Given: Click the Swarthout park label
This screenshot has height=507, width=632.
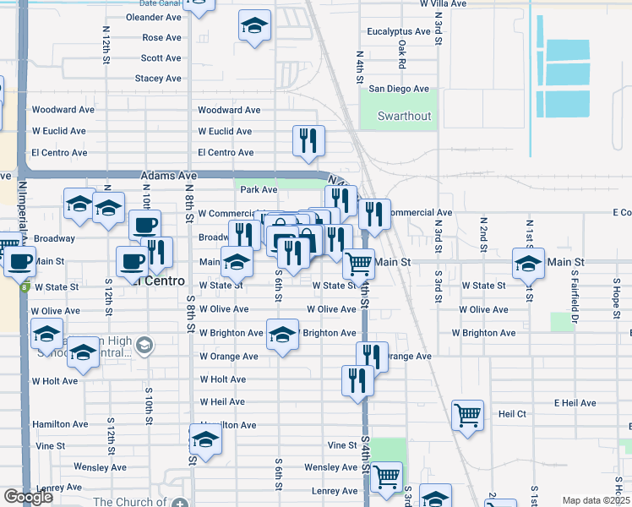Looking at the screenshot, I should pyautogui.click(x=404, y=116).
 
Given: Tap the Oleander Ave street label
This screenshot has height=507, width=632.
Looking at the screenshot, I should pyautogui.click(x=154, y=17).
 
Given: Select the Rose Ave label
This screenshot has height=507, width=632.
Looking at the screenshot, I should pyautogui.click(x=161, y=38).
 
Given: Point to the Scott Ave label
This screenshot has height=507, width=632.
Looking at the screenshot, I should pyautogui.click(x=161, y=58).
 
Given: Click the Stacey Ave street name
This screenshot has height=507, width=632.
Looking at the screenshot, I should pyautogui.click(x=158, y=79).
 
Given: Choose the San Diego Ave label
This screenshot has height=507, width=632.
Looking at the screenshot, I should pyautogui.click(x=399, y=89).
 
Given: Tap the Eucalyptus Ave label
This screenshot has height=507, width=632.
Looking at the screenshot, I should pyautogui.click(x=399, y=32).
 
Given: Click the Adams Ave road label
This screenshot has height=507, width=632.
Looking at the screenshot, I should pyautogui.click(x=168, y=175).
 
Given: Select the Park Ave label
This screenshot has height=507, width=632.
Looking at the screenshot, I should pyautogui.click(x=259, y=190).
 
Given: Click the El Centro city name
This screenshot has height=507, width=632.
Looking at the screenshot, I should pyautogui.click(x=157, y=281).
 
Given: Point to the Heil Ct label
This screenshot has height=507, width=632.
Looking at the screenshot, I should pyautogui.click(x=512, y=414).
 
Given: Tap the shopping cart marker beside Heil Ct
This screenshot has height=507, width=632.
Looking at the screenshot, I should pyautogui.click(x=467, y=415).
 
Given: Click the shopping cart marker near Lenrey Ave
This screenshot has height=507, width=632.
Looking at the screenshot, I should pyautogui.click(x=386, y=477).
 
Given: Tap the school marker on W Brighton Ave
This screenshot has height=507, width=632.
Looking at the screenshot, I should pyautogui.click(x=282, y=334).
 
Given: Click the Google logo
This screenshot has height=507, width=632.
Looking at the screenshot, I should pyautogui.click(x=28, y=497).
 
